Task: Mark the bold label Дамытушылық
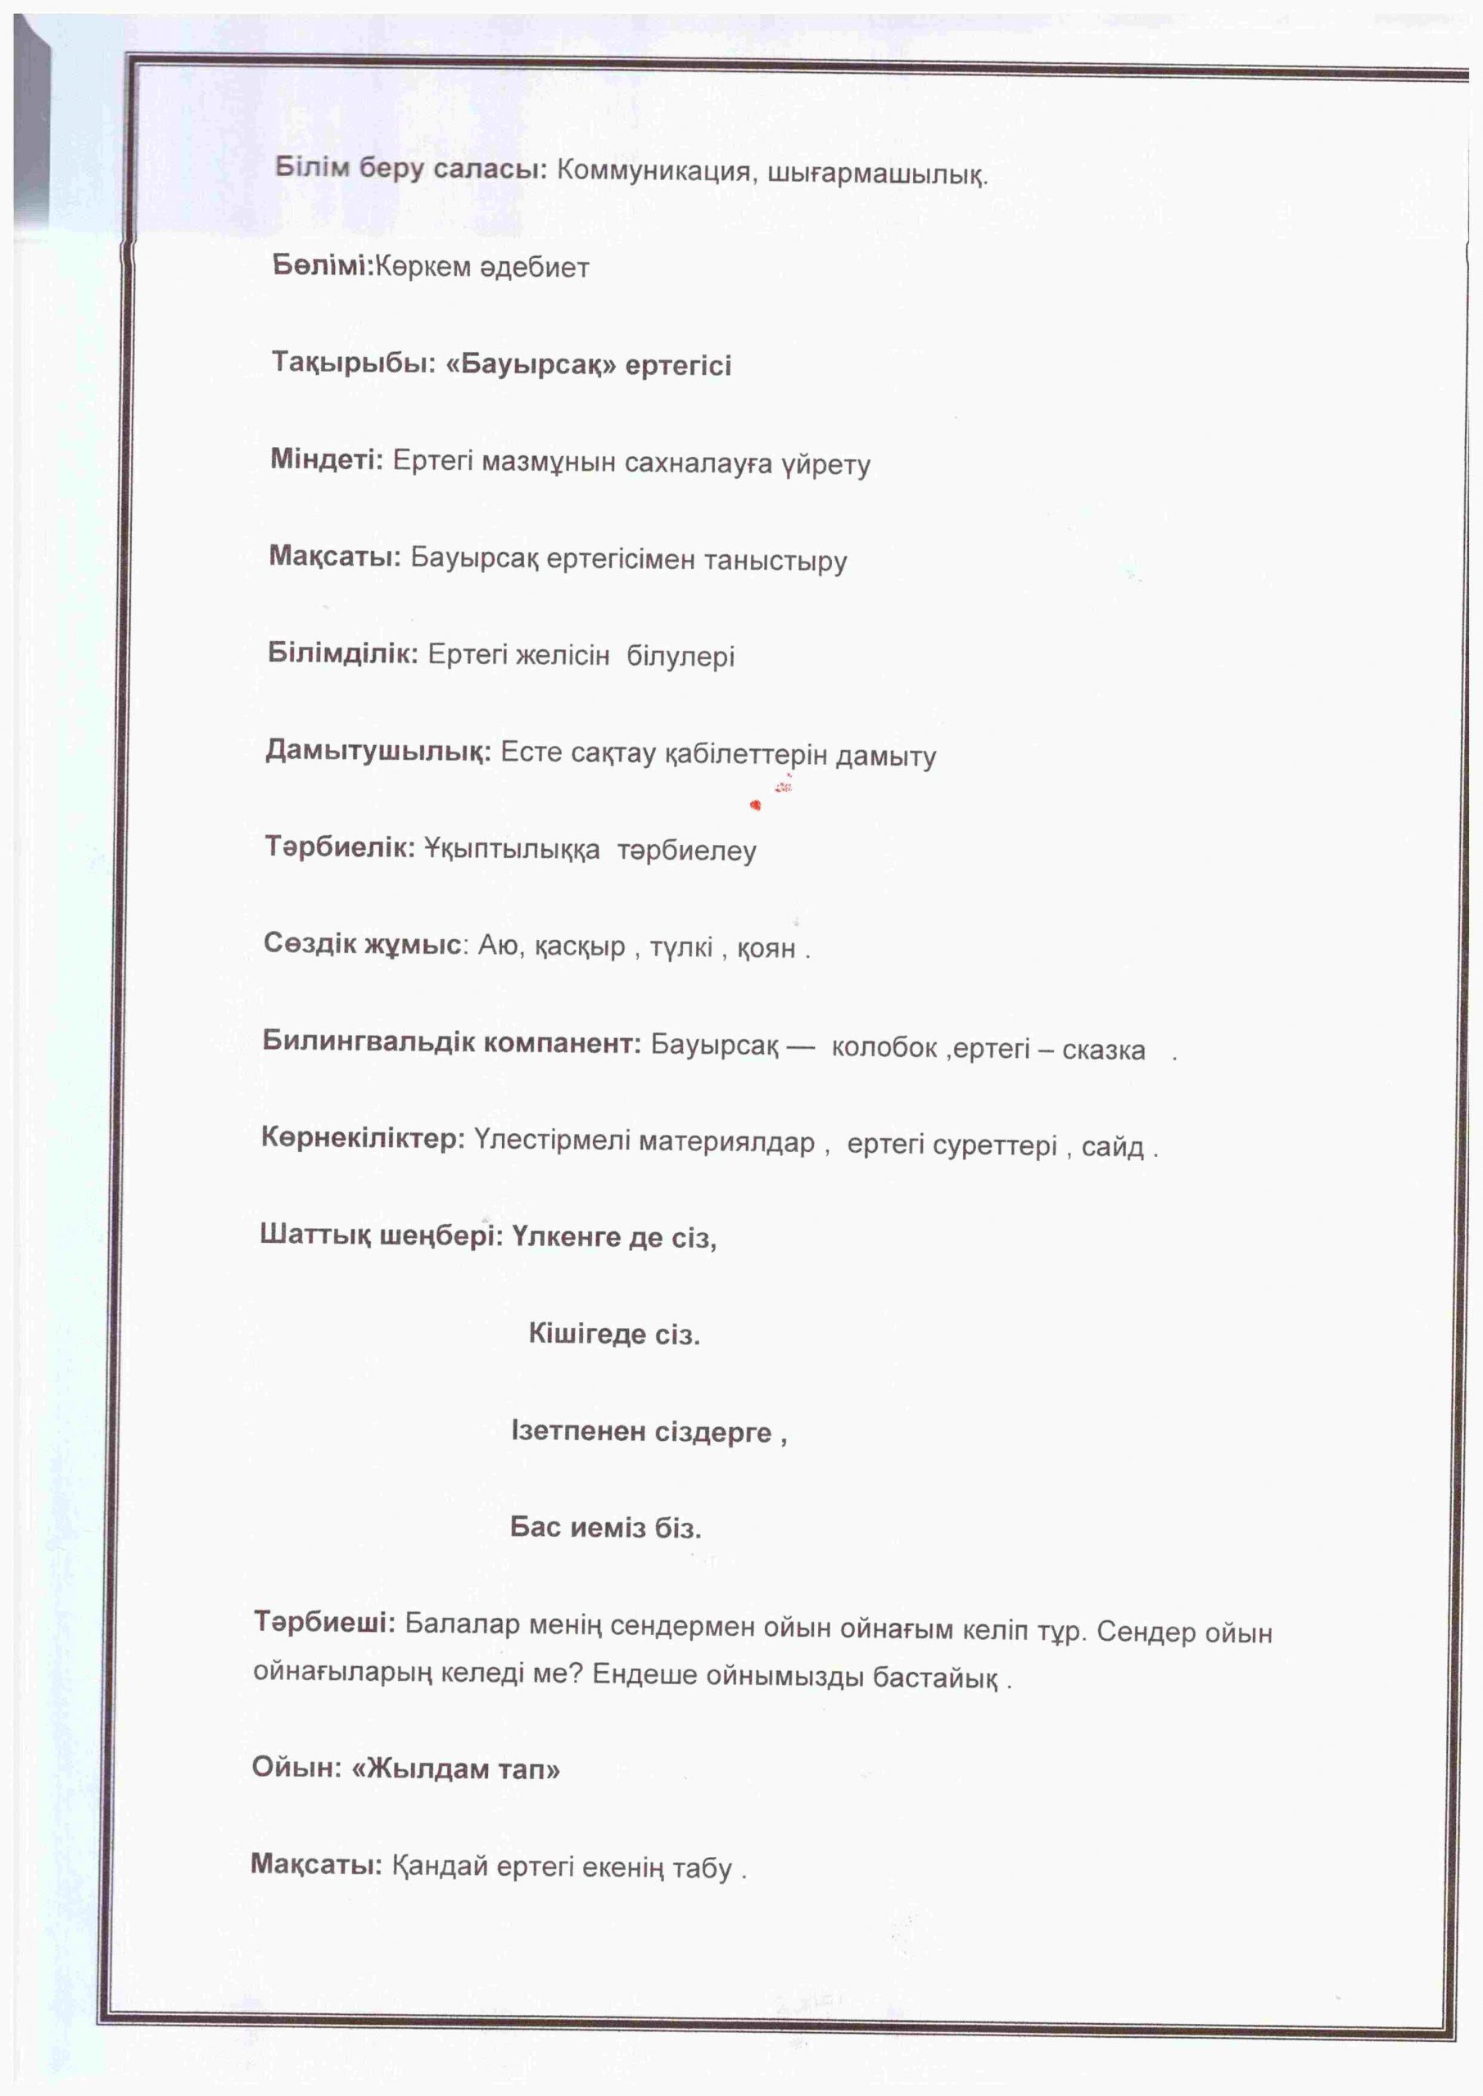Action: pyautogui.click(x=378, y=752)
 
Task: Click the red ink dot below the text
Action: pyautogui.click(x=755, y=804)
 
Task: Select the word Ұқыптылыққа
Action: pyautogui.click(x=513, y=850)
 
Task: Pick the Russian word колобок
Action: pyautogui.click(x=883, y=1048)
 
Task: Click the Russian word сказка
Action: pyautogui.click(x=1103, y=1050)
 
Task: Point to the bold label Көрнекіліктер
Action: pyautogui.click(x=364, y=1138)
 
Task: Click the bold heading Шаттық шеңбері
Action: pyautogui.click(x=381, y=1236)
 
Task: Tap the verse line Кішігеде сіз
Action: pyautogui.click(x=613, y=1335)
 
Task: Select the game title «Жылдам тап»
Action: pyautogui.click(x=454, y=1769)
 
